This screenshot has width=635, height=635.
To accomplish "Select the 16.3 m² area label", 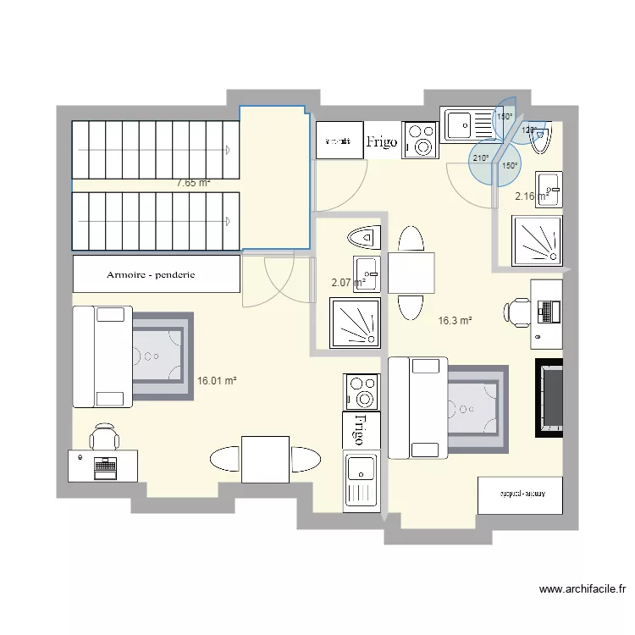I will tap(455, 321).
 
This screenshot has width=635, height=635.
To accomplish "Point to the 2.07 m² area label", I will tap(348, 283).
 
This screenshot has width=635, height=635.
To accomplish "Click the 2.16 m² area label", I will tap(533, 196).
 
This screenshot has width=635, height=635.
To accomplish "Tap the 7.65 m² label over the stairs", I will tap(193, 182).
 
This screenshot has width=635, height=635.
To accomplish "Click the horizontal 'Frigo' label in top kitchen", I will tap(382, 143).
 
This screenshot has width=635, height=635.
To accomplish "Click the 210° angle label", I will tap(481, 158).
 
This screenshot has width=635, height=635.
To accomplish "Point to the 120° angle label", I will tap(529, 130).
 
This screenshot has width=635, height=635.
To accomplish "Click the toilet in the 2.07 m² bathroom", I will tap(363, 238).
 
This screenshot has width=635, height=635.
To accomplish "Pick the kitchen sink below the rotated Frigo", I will tap(362, 478).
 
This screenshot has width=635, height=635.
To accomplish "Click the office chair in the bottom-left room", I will tap(106, 437).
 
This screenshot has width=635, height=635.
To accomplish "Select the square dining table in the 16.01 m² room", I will tap(265, 459).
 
